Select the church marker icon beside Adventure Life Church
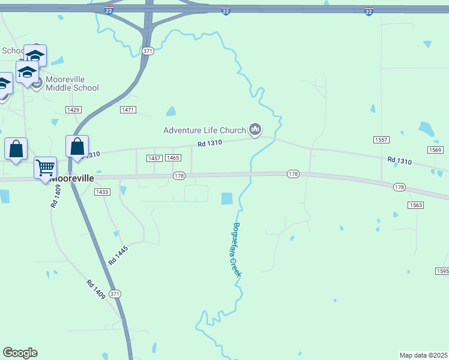click(256, 130)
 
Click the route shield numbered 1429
click(73, 110)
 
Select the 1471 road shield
click(128, 110)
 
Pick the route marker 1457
click(154, 158)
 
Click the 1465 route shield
click(173, 158)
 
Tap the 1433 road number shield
click(102, 192)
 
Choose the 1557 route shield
click(381, 140)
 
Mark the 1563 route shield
click(416, 205)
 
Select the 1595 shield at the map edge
click(442, 271)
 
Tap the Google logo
click(20, 353)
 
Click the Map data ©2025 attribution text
click(423, 355)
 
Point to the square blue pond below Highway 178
click(227, 199)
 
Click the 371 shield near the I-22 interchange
click(148, 51)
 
